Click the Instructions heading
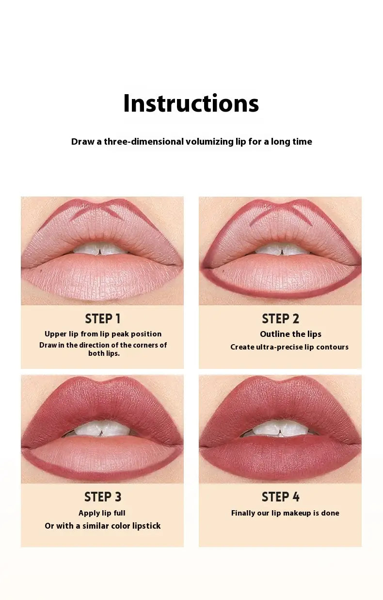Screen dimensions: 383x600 tap(191, 103)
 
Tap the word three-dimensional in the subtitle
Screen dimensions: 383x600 tap(144, 141)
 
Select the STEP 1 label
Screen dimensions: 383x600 tap(103, 319)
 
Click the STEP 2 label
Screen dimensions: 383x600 tap(280, 319)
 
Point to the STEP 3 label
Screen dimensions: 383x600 tap(103, 497)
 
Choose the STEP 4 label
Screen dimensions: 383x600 tap(280, 497)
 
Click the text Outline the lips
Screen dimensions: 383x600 tap(291, 334)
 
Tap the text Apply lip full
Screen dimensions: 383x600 tap(102, 513)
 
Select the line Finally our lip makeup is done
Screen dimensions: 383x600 tap(285, 513)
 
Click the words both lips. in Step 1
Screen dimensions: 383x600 tap(104, 353)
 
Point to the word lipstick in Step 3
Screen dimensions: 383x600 tap(146, 526)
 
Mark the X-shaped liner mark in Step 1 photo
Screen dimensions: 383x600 tap(97, 212)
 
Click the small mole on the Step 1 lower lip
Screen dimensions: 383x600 tap(41, 270)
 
